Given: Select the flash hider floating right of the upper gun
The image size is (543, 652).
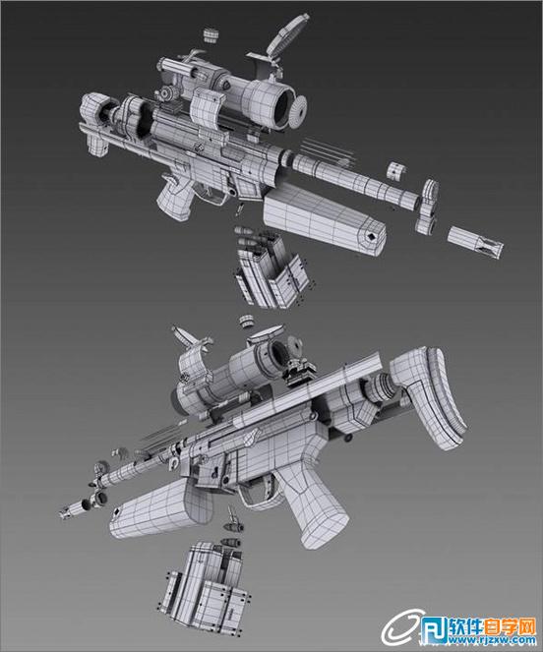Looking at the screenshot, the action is (475, 243).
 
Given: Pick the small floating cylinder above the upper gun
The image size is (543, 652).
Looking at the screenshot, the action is (211, 34).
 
